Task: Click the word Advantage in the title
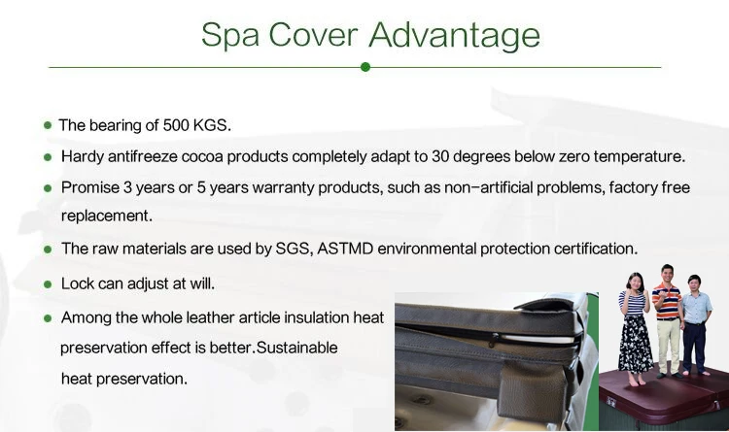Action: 454,35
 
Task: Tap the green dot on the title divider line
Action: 365,67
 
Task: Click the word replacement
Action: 106,216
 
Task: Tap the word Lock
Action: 78,284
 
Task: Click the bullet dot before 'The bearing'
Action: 48,125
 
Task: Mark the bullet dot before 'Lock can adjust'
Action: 48,284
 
